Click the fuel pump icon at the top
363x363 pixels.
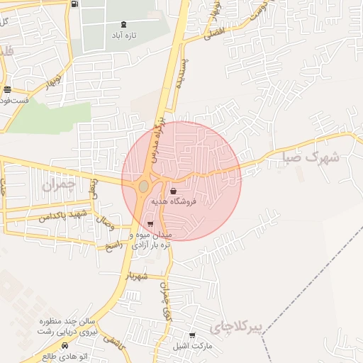pos(75,4)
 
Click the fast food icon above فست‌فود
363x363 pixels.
pos(7,89)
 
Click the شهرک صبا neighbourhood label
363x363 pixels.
pos(313,157)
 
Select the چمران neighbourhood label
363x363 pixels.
pos(58,186)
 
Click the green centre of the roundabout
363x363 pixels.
pos(144,186)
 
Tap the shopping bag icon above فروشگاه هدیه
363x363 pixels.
pos(174,191)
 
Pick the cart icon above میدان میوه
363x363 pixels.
pos(149,224)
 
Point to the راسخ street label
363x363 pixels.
pos(113,245)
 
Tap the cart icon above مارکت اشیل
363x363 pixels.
pos(192,335)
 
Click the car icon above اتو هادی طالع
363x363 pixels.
pos(65,345)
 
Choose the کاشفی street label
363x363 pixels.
pos(111,339)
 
